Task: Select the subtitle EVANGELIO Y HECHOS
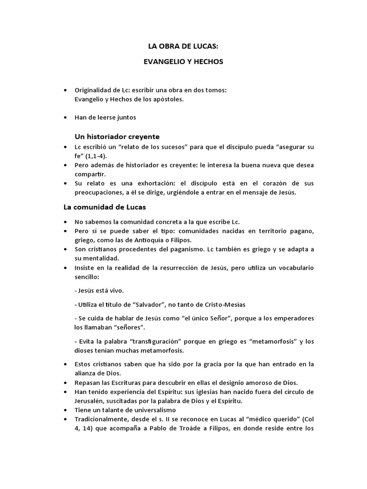pyautogui.click(x=183, y=63)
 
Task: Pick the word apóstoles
pyautogui.click(x=169, y=99)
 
